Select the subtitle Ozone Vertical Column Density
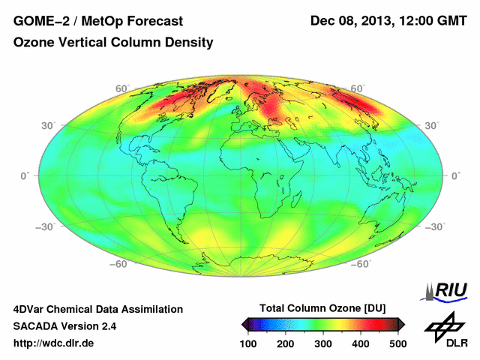[113, 43]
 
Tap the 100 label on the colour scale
[249, 343]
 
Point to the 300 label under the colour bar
[323, 343]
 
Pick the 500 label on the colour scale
[397, 343]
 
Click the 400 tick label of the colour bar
[361, 343]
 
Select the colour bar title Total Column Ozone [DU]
[322, 308]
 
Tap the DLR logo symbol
[445, 327]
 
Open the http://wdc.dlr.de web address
[54, 343]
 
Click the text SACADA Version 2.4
[64, 326]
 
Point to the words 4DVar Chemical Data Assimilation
[97, 309]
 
